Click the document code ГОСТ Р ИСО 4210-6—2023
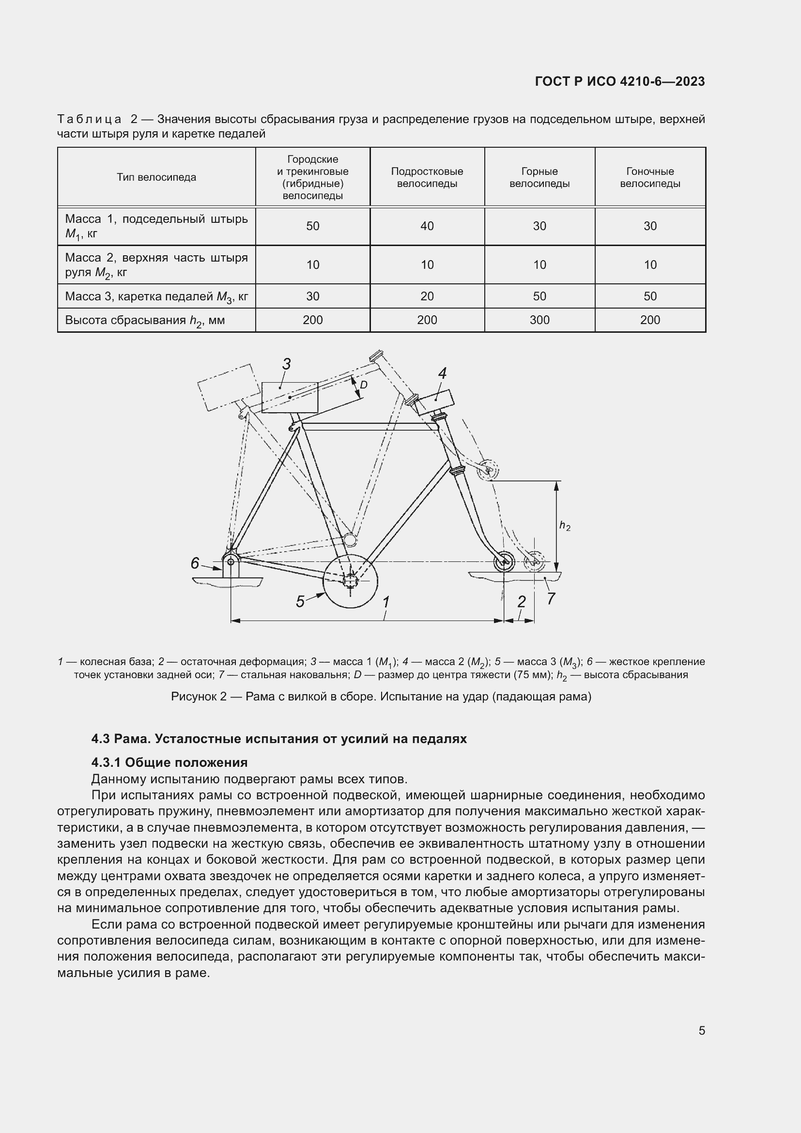(619, 82)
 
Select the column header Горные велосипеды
(539, 178)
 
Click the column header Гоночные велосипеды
(649, 178)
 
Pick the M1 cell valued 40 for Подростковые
(427, 226)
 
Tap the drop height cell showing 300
(539, 320)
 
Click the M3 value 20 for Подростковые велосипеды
(427, 296)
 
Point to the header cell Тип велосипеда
(156, 178)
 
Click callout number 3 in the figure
(286, 364)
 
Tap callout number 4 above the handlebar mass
(442, 373)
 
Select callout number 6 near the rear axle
(195, 563)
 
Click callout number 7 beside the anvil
(551, 599)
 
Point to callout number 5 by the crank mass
(300, 602)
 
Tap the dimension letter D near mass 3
(364, 385)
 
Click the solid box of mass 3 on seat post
(290, 398)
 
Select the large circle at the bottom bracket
(350, 582)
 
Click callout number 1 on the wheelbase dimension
(386, 602)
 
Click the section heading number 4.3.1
(107, 763)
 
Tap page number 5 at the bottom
(701, 1031)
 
